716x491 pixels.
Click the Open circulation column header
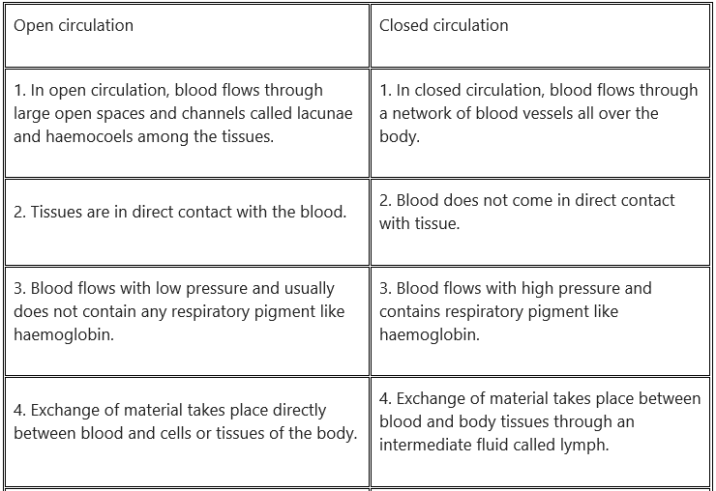[74, 25]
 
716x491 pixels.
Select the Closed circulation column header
[443, 25]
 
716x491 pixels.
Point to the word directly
[299, 411]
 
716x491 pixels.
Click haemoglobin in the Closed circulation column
[430, 335]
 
